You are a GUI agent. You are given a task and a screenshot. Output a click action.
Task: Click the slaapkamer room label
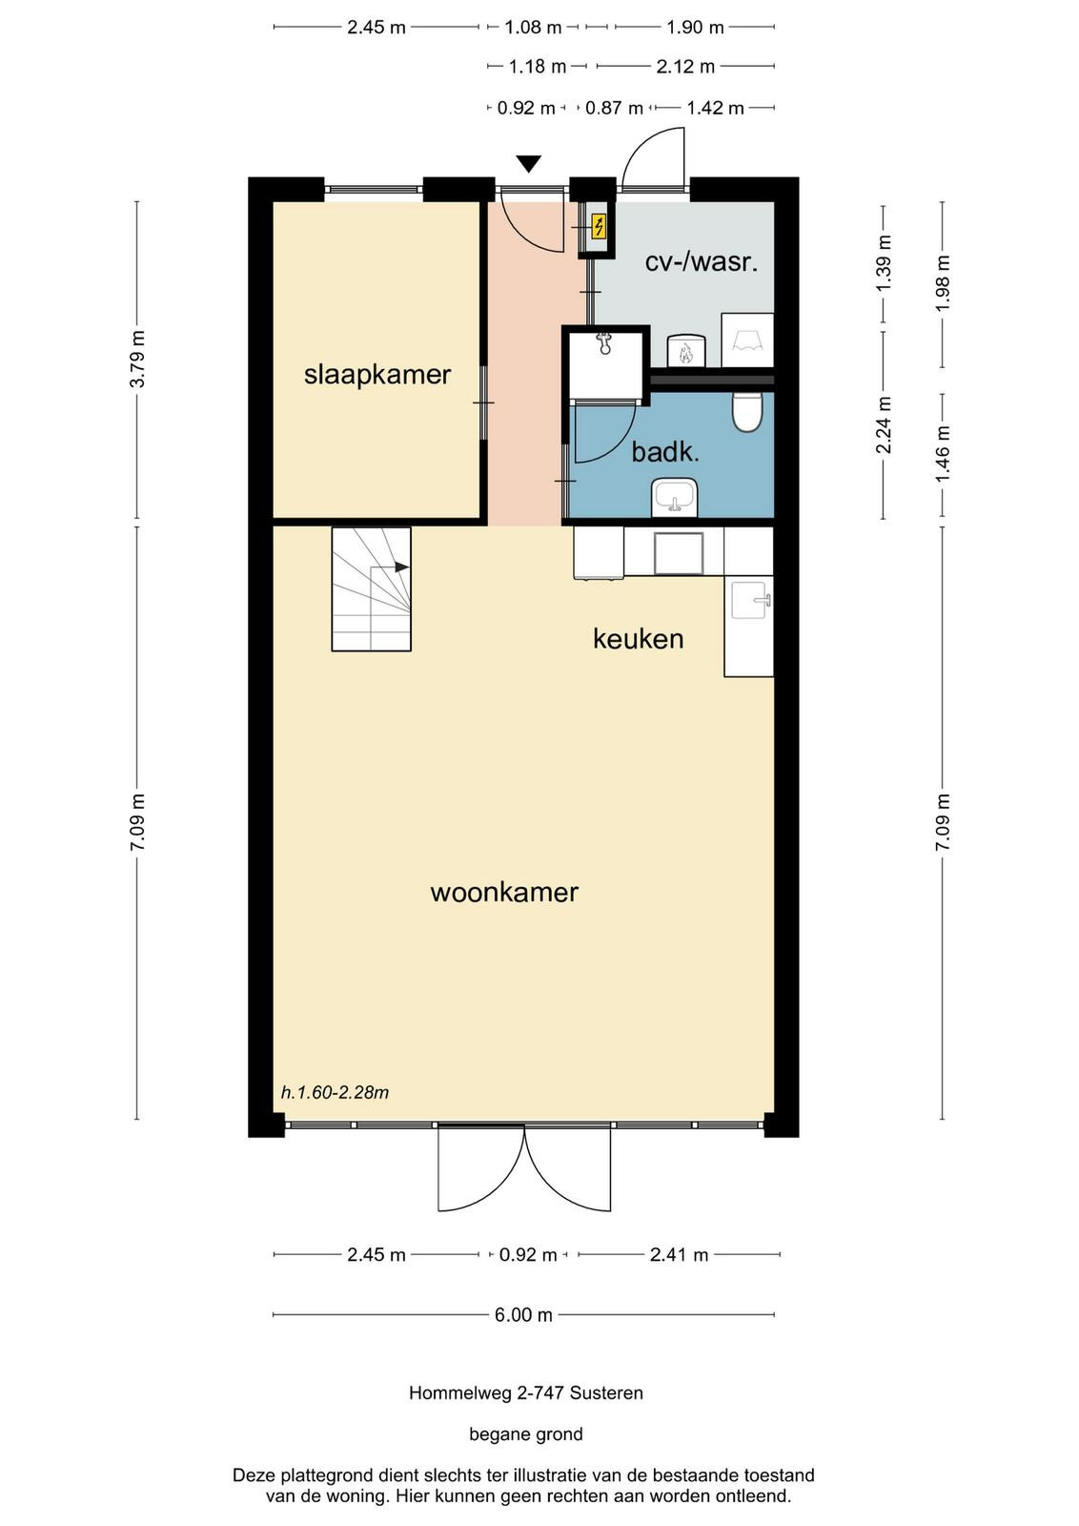click(377, 375)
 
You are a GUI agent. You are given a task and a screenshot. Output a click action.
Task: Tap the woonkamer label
click(504, 893)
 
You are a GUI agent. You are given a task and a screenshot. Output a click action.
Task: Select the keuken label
click(638, 639)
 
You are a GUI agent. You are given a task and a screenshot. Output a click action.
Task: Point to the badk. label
click(665, 452)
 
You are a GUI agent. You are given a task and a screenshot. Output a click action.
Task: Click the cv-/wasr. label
click(702, 262)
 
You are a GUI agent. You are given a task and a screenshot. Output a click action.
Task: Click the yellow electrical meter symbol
click(599, 226)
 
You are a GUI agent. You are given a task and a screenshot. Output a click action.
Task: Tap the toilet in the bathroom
click(746, 411)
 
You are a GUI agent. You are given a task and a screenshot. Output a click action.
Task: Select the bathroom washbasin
click(674, 497)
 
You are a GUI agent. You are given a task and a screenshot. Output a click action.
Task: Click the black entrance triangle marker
click(528, 164)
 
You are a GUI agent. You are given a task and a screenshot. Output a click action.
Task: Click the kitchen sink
click(751, 600)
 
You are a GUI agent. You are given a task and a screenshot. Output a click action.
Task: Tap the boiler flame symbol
click(685, 352)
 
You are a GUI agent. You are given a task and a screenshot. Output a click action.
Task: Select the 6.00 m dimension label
click(523, 1314)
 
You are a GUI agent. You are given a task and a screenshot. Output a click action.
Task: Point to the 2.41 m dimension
click(679, 1254)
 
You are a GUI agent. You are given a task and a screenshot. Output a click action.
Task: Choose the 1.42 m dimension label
click(715, 108)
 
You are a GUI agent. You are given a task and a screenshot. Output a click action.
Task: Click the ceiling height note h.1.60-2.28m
click(335, 1093)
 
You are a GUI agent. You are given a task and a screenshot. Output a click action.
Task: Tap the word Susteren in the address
click(606, 1393)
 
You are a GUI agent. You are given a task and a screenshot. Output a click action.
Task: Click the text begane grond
click(525, 1434)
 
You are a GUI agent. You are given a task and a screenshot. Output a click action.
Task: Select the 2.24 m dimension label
click(884, 424)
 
